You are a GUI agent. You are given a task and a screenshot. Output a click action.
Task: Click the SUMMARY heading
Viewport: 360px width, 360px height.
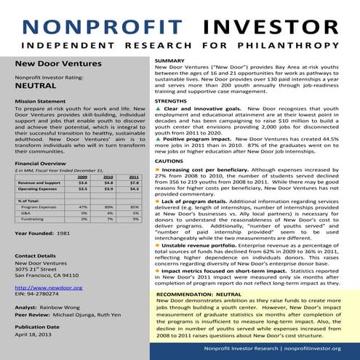(x=169, y=60)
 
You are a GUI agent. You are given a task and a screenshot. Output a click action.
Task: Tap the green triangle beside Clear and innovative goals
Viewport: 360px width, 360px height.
(x=159, y=108)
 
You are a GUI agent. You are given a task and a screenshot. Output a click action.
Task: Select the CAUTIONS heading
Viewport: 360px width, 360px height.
(x=169, y=160)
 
